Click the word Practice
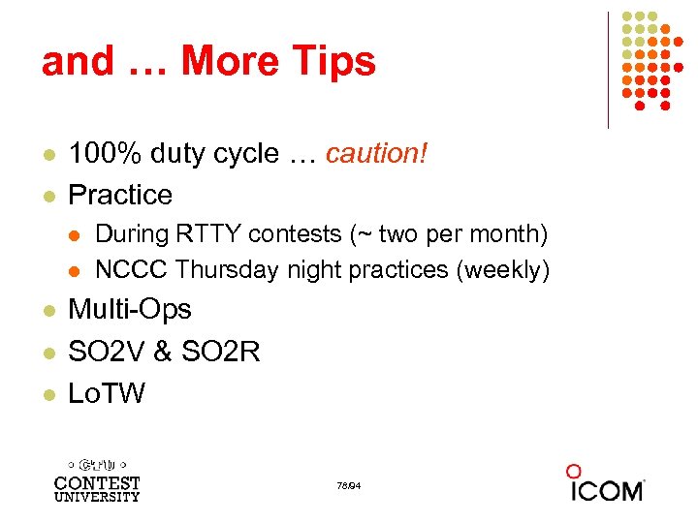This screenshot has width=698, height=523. click(120, 195)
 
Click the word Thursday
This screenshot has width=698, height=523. click(229, 269)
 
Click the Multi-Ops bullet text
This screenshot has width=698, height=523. click(130, 310)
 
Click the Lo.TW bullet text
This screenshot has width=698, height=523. click(107, 392)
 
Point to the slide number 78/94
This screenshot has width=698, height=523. click(349, 484)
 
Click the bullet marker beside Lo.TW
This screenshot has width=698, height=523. click(48, 393)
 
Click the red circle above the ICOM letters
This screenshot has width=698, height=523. click(574, 472)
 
